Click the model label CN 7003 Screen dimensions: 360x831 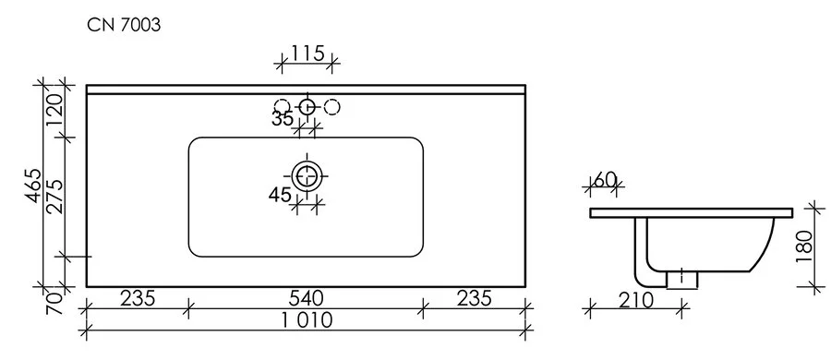point(123,26)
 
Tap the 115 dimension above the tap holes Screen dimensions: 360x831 point(307,54)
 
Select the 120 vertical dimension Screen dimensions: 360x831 point(54,111)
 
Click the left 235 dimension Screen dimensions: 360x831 point(137,298)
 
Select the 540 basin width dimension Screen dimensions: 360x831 point(305,298)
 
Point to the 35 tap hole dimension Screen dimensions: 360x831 point(283,119)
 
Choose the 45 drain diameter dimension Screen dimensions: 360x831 point(281,195)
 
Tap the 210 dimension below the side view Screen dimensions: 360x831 point(636,299)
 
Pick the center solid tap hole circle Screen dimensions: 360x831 point(307,106)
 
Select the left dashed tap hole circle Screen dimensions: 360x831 point(283,106)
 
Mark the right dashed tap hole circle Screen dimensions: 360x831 point(332,106)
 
